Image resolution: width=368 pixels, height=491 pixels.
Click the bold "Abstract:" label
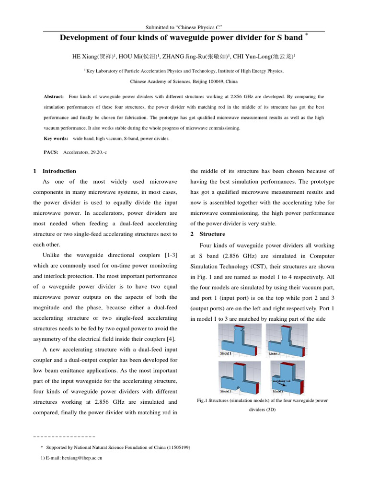click(54, 96)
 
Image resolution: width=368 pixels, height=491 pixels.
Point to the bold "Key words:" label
click(56, 139)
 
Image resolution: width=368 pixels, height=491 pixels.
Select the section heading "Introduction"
click(59, 171)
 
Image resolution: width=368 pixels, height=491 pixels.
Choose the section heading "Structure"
click(212, 234)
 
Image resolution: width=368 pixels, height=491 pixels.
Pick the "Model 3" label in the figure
click(226, 391)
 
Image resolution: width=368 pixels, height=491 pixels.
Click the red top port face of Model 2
click(287, 326)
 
